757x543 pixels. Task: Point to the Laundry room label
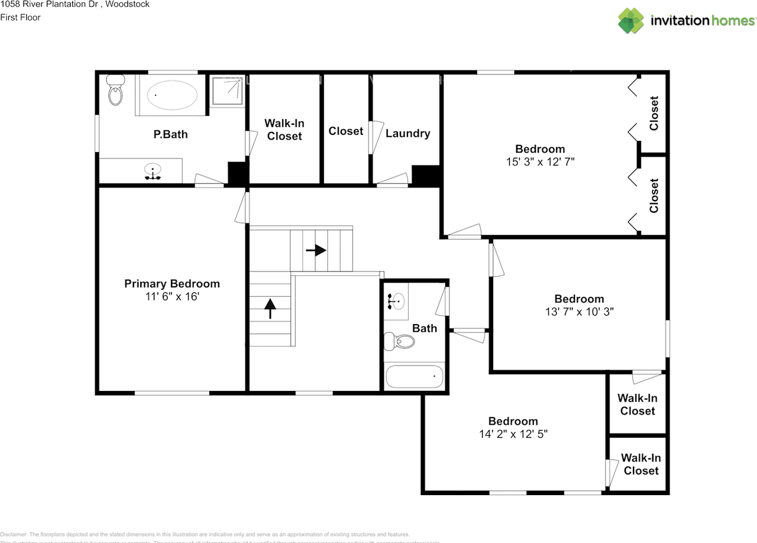point(407,134)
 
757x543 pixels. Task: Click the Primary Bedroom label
point(172,284)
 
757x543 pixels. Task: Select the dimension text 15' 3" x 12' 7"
point(539,161)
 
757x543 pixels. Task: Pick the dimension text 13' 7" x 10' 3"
point(579,311)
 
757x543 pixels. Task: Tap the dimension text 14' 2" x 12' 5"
point(513,434)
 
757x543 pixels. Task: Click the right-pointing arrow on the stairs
point(316,250)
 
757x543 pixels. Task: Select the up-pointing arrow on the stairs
point(270,308)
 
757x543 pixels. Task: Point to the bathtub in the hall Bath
point(414,376)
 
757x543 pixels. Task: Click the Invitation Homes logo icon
point(631,21)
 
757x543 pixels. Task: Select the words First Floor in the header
point(20,18)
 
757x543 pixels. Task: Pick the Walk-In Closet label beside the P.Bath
point(284,130)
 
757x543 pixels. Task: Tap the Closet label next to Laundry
point(345,131)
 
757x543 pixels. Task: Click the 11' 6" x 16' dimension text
point(172,296)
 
